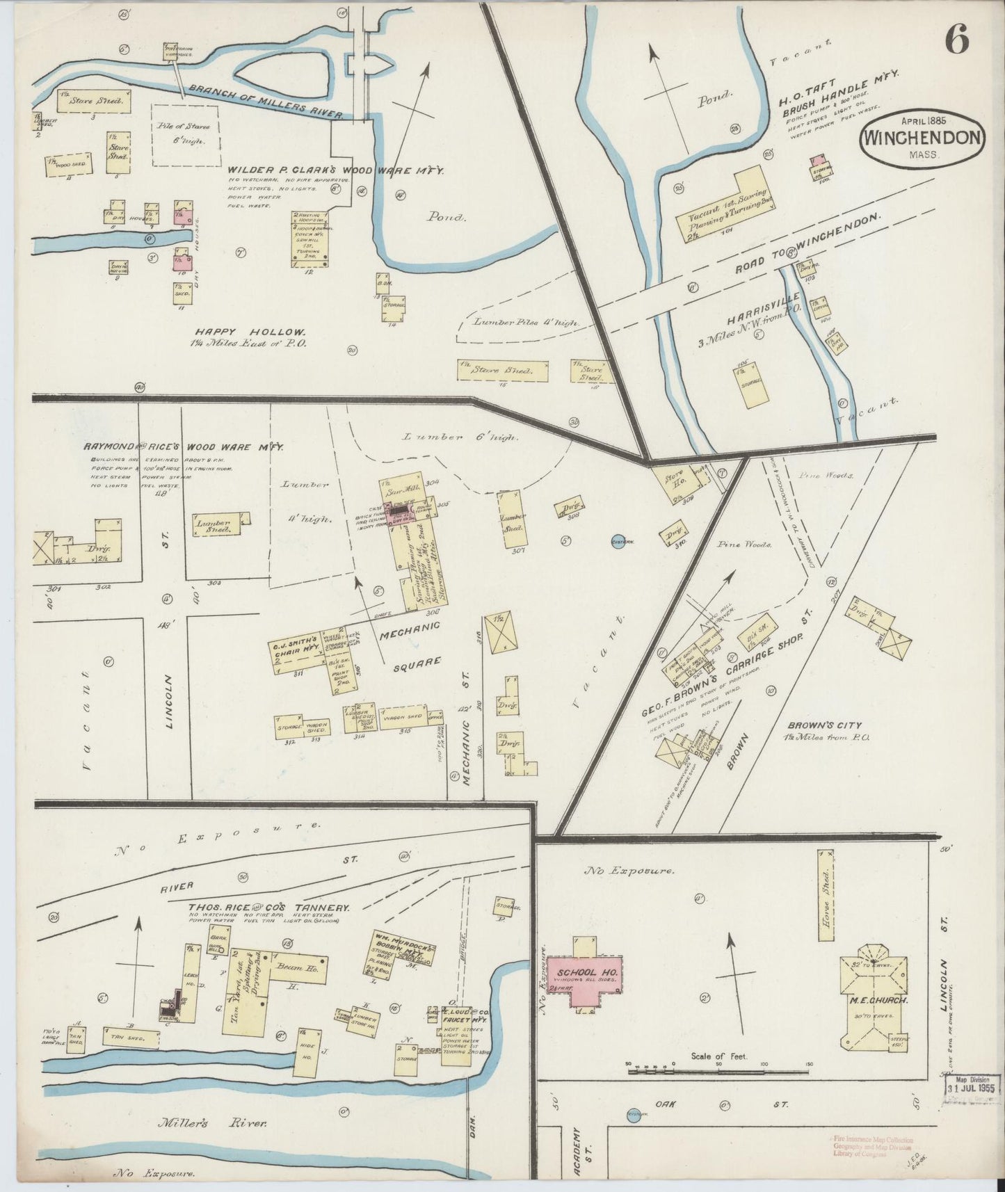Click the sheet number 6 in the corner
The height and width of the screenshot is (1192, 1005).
point(957,42)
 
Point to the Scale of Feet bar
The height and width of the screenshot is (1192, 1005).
point(720,1072)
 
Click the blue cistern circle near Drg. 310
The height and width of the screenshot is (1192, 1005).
point(617,542)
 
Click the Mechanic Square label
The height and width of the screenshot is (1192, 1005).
point(410,643)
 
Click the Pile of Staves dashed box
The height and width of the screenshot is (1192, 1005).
point(186,136)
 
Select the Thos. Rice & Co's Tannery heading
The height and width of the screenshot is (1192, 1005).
point(268,908)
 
